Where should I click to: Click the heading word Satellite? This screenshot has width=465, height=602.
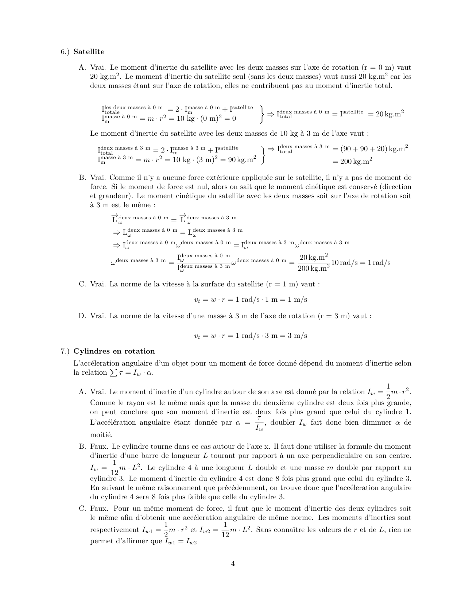(89, 52)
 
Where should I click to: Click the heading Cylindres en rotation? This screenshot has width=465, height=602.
(114, 351)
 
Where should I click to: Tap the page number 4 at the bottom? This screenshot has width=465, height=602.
(233, 564)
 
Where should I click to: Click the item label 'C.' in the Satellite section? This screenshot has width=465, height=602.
(82, 284)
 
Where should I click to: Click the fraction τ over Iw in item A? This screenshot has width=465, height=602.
(259, 423)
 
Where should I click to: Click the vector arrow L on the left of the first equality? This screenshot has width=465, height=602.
(114, 219)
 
